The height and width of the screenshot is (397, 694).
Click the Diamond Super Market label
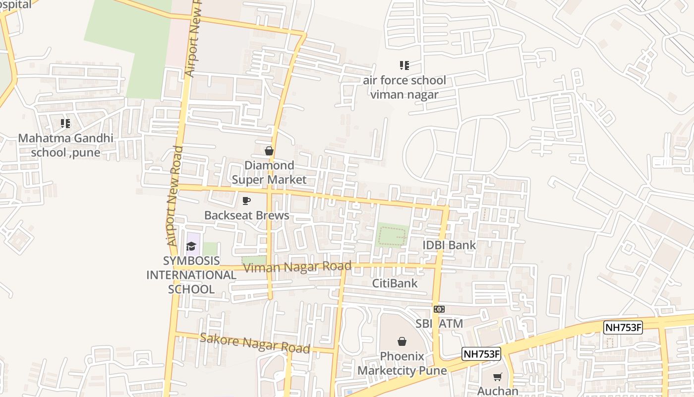point(269,172)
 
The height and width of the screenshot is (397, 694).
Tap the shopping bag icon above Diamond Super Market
point(269,151)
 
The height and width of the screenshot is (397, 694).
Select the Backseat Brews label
point(247,215)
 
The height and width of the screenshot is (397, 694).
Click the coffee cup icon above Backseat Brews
point(246,201)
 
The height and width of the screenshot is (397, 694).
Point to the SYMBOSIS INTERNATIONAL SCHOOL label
point(191,275)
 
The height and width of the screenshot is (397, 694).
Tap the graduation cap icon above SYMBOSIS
point(191,246)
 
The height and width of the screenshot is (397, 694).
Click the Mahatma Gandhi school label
point(65,145)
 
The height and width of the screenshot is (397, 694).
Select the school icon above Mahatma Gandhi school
point(65,123)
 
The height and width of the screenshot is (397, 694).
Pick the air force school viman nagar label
point(405,87)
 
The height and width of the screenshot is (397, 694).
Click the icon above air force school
point(404,65)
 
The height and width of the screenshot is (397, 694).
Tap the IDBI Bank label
point(449,245)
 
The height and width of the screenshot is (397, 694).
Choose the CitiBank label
point(395,283)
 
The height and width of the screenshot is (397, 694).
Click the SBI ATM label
point(439,324)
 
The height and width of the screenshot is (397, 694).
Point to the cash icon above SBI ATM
point(439,309)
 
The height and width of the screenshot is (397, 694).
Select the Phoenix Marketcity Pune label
point(402,363)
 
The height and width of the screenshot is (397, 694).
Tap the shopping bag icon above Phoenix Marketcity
point(402,341)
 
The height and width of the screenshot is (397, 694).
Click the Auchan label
point(498,391)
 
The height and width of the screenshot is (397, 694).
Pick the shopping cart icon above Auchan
point(498,377)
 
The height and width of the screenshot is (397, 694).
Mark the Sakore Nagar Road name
point(255,343)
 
